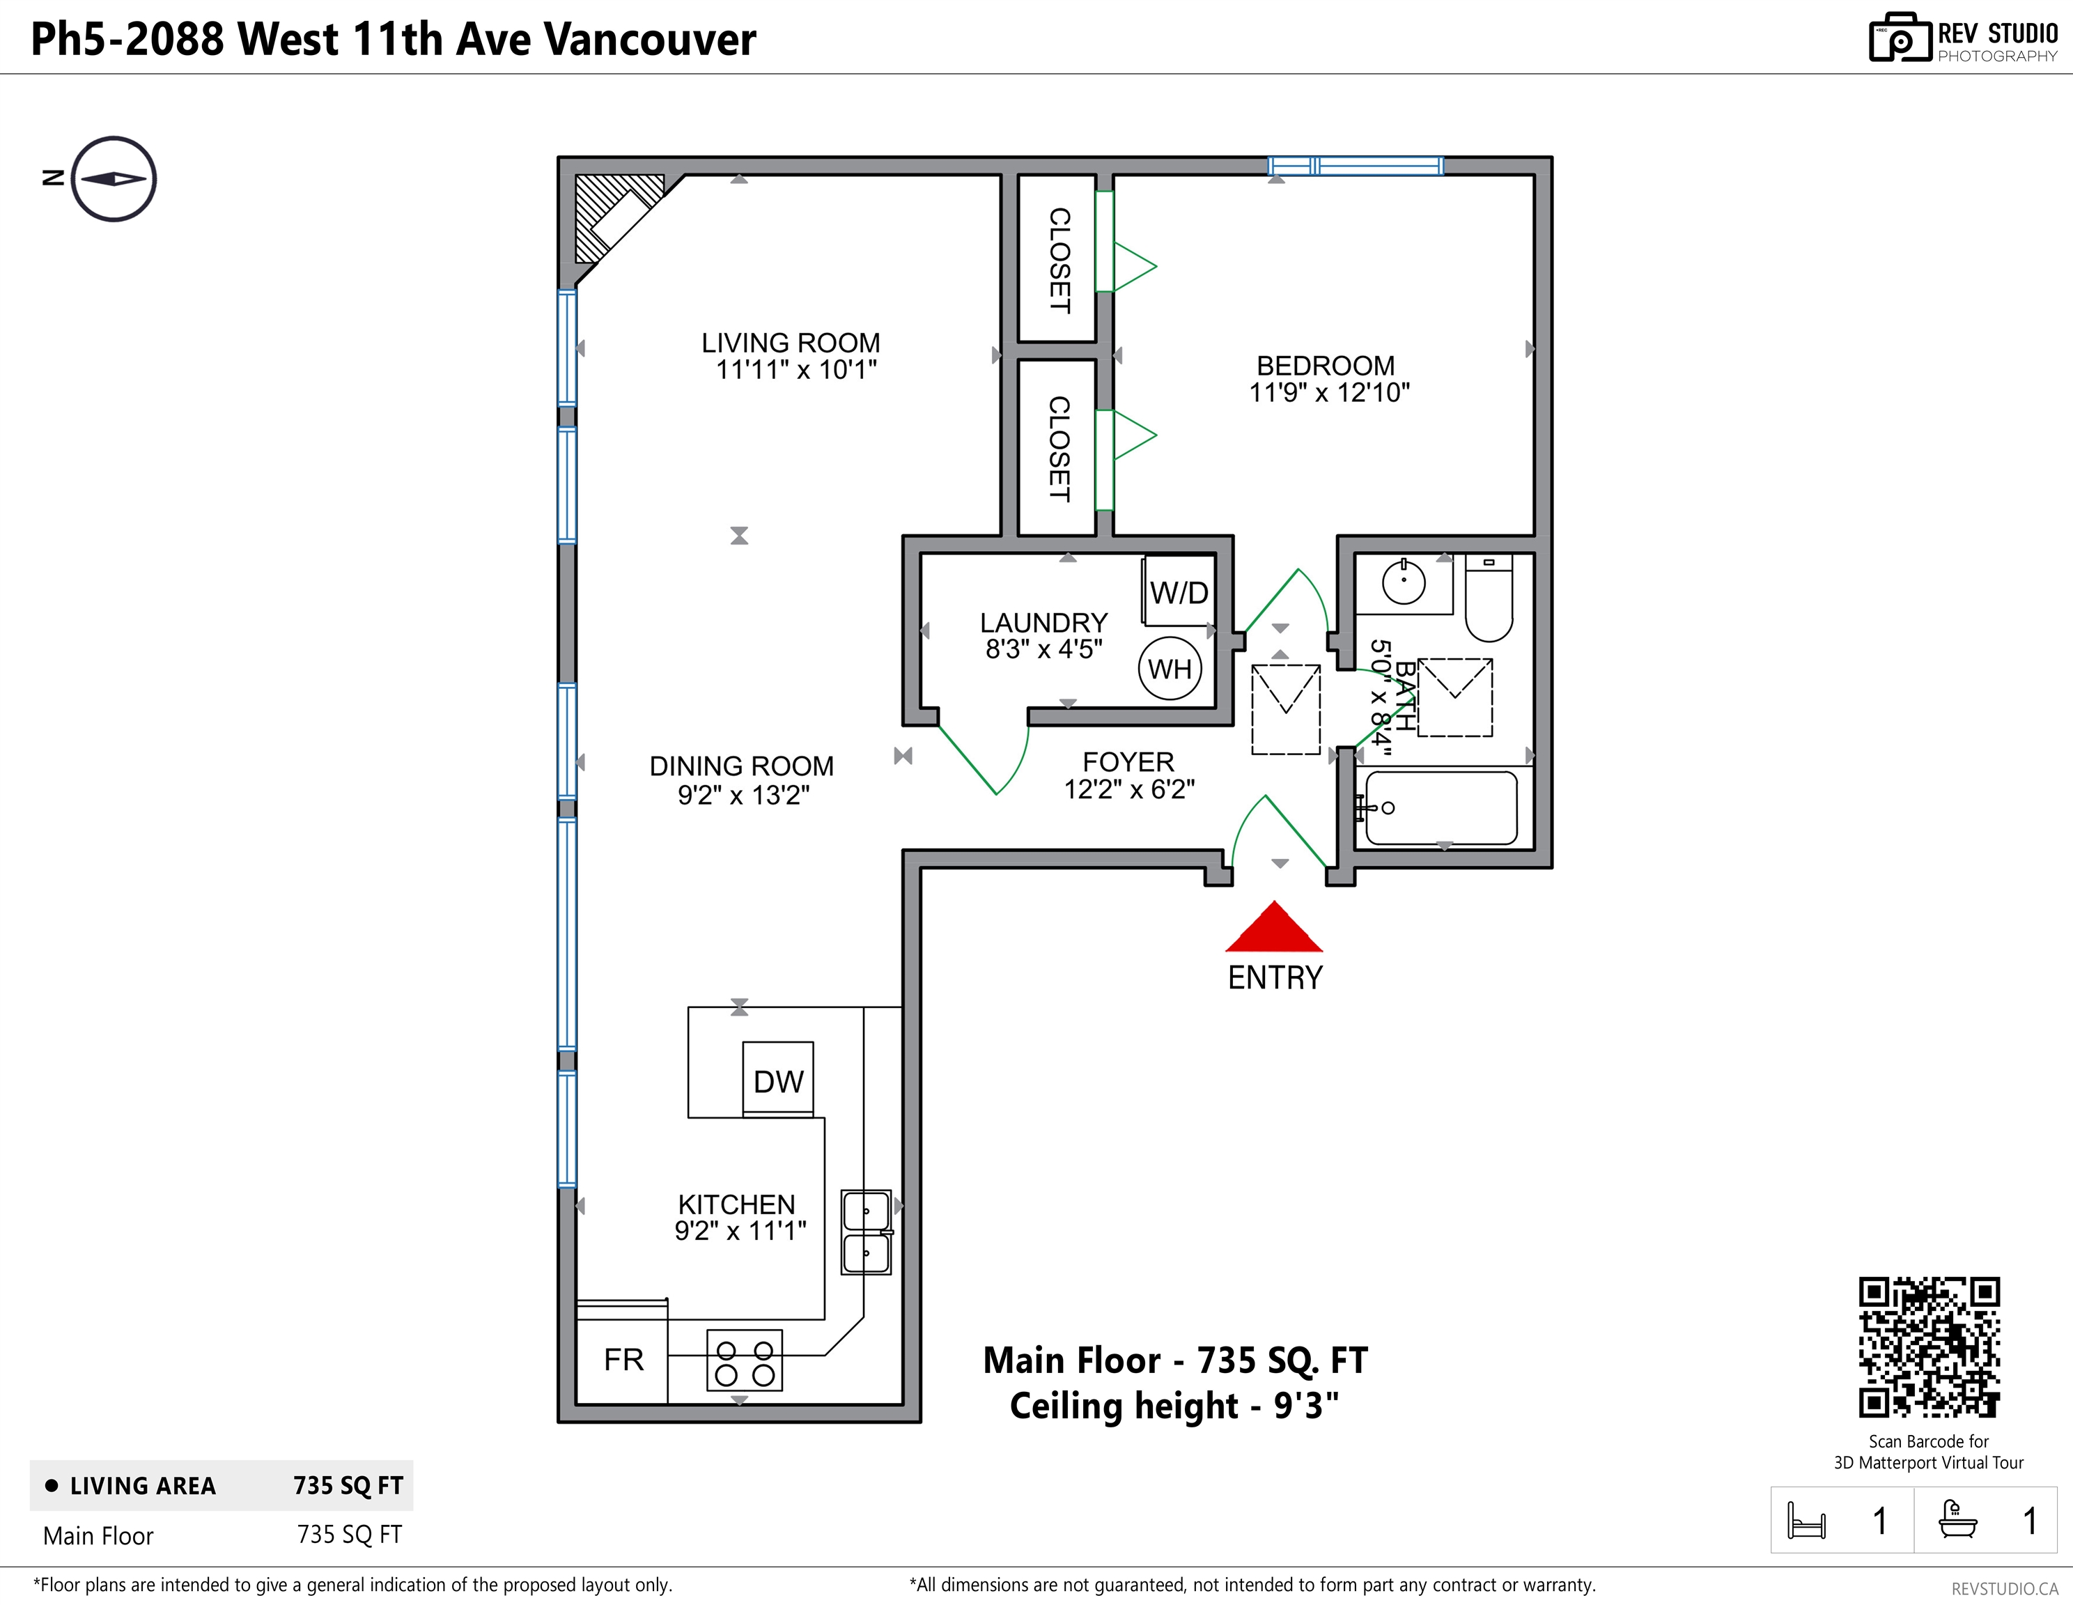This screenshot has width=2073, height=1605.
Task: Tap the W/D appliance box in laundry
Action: pyautogui.click(x=1178, y=591)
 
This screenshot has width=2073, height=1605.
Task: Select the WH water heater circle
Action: pyautogui.click(x=1170, y=668)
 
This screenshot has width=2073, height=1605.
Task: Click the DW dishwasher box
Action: pyautogui.click(x=777, y=1080)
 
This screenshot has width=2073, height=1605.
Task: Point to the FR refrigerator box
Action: pyautogui.click(x=623, y=1359)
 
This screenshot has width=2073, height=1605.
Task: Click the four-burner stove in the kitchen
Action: pyautogui.click(x=744, y=1361)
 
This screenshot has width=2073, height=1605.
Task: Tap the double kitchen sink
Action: pyautogui.click(x=866, y=1232)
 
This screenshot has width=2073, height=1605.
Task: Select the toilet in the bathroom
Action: pyautogui.click(x=1489, y=600)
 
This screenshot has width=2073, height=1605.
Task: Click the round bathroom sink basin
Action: pyautogui.click(x=1404, y=581)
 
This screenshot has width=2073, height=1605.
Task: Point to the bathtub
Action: pyautogui.click(x=1441, y=807)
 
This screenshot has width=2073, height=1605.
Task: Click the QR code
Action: pyautogui.click(x=1929, y=1347)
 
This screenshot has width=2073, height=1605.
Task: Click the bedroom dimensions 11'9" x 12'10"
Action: pyautogui.click(x=1329, y=392)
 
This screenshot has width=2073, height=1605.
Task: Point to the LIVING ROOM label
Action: pyautogui.click(x=791, y=343)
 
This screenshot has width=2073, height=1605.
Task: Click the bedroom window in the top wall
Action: pyautogui.click(x=1356, y=166)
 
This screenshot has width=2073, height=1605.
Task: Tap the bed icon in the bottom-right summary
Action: pyautogui.click(x=1806, y=1521)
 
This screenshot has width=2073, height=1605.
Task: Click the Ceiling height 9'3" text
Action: pyautogui.click(x=1174, y=1406)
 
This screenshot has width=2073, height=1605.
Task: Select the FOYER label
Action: pyautogui.click(x=1128, y=761)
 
